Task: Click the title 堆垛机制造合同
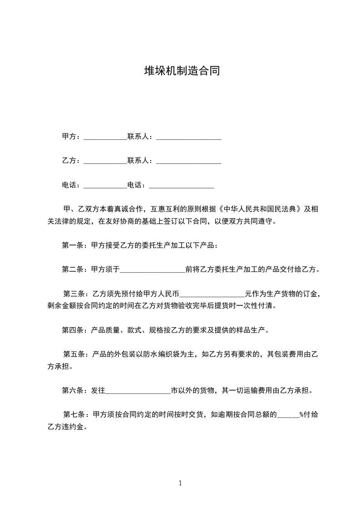point(182,71)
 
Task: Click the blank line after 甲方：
point(105,137)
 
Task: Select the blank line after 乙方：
point(105,161)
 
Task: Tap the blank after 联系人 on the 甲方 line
point(188,137)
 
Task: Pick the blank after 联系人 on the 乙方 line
point(188,161)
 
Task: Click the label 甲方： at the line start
point(71,137)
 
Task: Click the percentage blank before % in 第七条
point(288,415)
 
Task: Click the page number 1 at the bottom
point(180,483)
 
